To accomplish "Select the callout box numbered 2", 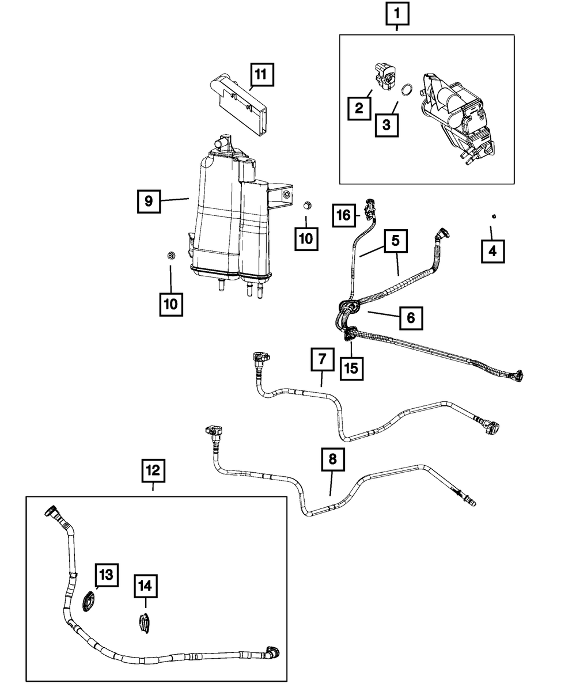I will coord(359,108).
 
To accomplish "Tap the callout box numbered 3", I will coord(386,124).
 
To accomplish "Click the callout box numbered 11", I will coord(261,75).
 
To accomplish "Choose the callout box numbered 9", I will coord(149,202).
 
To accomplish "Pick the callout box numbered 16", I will coord(343,216).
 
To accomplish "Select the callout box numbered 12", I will coord(153,470).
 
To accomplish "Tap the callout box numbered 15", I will coord(351,367).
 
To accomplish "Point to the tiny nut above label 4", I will coord(494,216).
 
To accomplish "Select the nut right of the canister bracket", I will coord(308,205).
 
